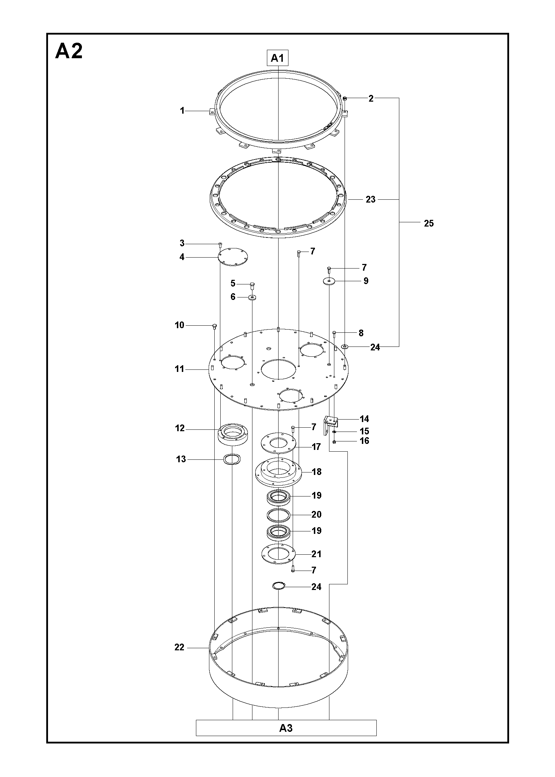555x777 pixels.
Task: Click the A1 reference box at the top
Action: click(277, 58)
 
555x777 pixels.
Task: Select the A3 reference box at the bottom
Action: click(286, 728)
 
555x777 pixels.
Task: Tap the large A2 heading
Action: click(69, 51)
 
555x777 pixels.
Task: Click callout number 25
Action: click(429, 223)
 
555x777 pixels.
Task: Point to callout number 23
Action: click(370, 200)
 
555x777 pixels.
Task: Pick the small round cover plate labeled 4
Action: click(233, 257)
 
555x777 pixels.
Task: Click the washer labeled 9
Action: click(329, 281)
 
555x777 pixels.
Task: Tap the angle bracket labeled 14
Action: click(330, 425)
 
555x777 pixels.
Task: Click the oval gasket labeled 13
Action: click(232, 459)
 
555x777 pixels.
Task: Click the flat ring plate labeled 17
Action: click(278, 442)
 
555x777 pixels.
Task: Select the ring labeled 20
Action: click(279, 515)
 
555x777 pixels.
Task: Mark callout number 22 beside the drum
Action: click(179, 647)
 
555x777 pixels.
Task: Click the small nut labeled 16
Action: click(334, 442)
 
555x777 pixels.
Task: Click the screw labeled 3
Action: click(220, 245)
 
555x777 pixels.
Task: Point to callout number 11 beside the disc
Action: click(179, 369)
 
